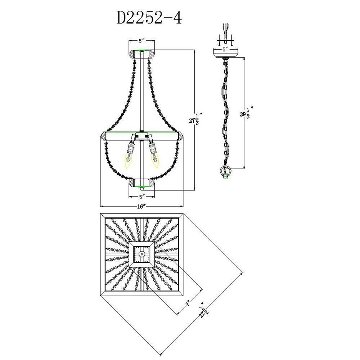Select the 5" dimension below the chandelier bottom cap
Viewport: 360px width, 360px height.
[142, 197]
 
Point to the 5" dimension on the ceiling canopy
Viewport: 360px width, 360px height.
[225, 48]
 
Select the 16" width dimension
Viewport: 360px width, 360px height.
[141, 207]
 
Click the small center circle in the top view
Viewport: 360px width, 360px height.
[142, 254]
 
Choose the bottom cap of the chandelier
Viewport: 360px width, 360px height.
[142, 183]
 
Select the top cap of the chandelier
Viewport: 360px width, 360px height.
[142, 54]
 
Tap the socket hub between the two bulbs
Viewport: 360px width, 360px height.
[142, 137]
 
